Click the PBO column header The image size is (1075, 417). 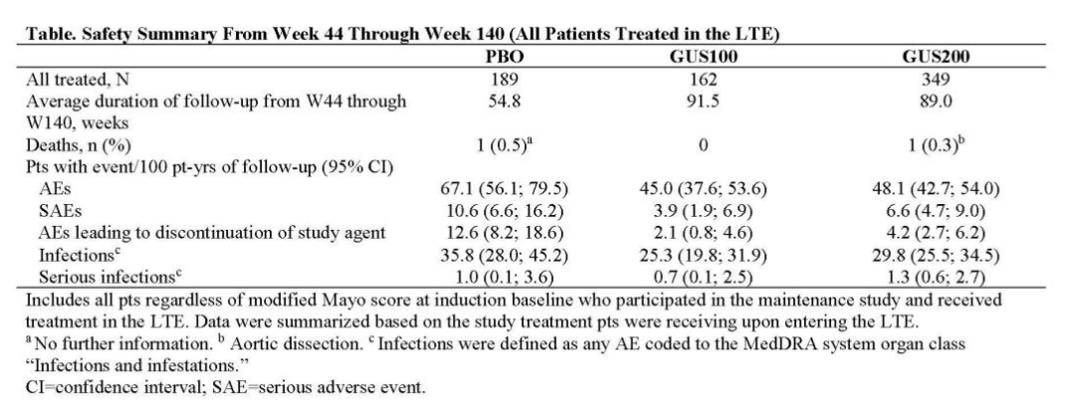tap(504, 57)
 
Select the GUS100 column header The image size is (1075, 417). tap(703, 57)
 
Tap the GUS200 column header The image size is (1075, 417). tap(936, 57)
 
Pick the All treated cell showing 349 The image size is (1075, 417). tap(936, 80)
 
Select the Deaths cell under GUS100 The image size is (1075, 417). tap(703, 145)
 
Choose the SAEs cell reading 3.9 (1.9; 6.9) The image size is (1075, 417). tap(703, 211)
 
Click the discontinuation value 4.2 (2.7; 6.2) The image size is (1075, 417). tap(936, 233)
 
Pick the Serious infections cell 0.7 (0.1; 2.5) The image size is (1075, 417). tap(703, 277)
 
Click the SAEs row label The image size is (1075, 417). tap(60, 211)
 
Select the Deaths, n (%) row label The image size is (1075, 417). tap(79, 145)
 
